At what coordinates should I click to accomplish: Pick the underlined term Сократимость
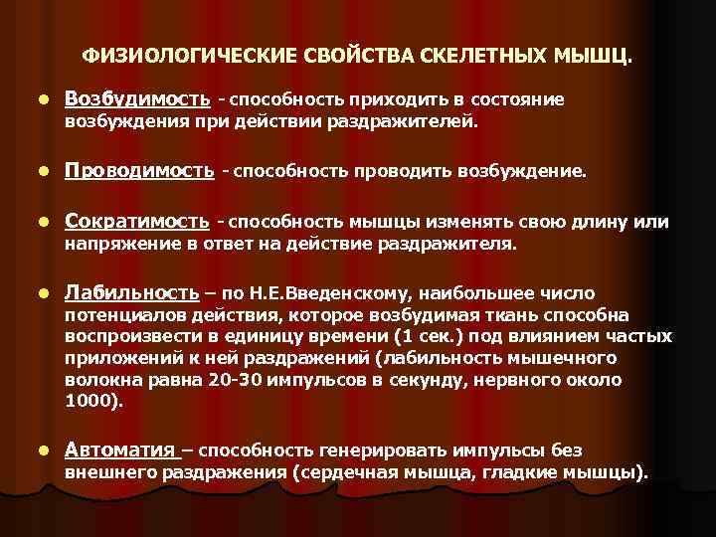(137, 222)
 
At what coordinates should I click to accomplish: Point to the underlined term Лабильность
(132, 293)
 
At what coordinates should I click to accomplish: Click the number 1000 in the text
(93, 402)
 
